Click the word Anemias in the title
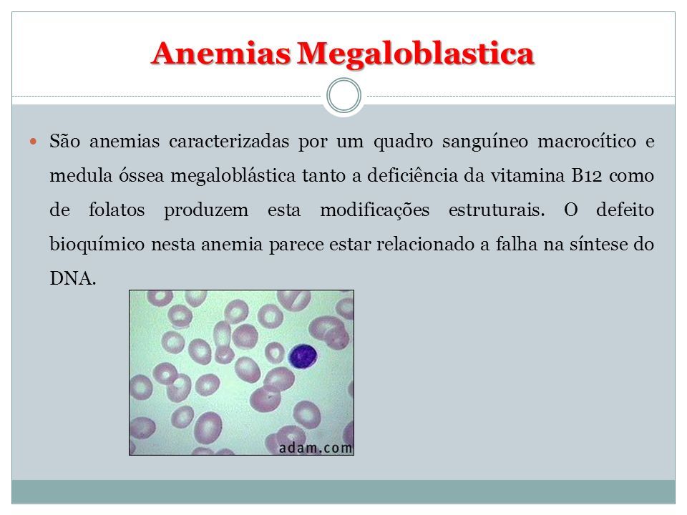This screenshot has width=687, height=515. click(x=221, y=54)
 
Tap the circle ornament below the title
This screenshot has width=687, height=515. click(x=344, y=95)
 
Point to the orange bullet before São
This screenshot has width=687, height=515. click(x=34, y=142)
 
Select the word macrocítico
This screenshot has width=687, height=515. click(x=587, y=141)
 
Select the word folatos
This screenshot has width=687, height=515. click(x=117, y=210)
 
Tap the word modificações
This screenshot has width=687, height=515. click(x=374, y=210)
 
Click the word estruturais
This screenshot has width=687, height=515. click(x=497, y=210)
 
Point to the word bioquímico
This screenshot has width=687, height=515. click(x=97, y=245)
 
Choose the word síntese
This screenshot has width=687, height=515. click(x=599, y=244)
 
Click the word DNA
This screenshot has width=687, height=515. click(x=73, y=278)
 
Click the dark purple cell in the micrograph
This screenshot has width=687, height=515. click(x=303, y=355)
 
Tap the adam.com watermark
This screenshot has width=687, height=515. click(x=316, y=448)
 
